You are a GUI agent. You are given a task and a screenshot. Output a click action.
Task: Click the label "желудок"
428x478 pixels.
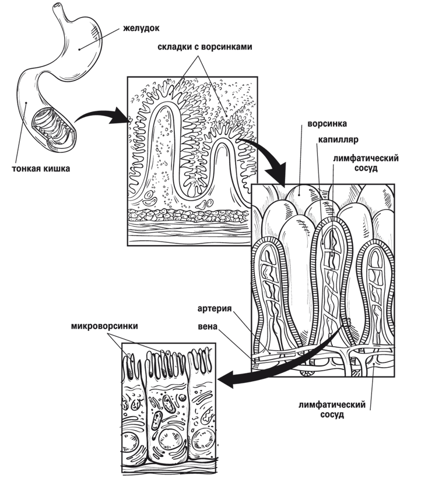pyautogui.click(x=141, y=29)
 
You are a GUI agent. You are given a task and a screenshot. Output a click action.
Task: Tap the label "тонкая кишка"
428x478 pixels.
pyautogui.click(x=41, y=169)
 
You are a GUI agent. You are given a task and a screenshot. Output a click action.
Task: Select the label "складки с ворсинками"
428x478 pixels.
pyautogui.click(x=205, y=47)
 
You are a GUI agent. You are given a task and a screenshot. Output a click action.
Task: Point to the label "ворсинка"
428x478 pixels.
pyautogui.click(x=327, y=124)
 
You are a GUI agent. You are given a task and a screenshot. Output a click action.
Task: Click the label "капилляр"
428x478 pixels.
pyautogui.click(x=338, y=139)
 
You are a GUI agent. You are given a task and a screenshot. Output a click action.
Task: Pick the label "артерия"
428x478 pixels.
pyautogui.click(x=215, y=308)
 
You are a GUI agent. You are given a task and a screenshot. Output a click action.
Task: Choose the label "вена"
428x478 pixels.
pyautogui.click(x=208, y=326)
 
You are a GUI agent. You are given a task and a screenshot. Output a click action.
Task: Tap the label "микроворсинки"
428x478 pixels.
pyautogui.click(x=104, y=326)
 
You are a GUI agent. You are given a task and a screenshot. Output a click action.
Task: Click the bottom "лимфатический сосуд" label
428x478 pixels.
pyautogui.click(x=332, y=409)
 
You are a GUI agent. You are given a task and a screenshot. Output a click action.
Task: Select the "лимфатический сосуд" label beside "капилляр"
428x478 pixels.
pyautogui.click(x=366, y=163)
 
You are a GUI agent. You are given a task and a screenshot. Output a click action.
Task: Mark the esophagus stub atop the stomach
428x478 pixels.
pyautogui.click(x=59, y=11)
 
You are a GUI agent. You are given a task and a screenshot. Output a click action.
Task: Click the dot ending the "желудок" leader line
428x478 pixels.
pyautogui.click(x=79, y=49)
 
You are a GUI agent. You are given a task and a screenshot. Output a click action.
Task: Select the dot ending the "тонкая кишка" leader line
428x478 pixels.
pyautogui.click(x=26, y=103)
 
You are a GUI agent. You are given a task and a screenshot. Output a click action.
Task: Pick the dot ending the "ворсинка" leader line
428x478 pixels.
pyautogui.click(x=299, y=194)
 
